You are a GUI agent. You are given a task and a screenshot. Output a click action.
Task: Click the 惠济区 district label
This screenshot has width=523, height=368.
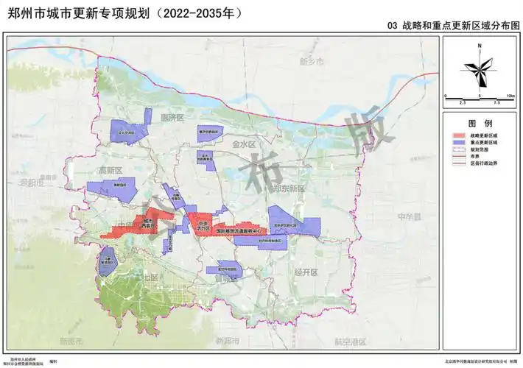[175, 117]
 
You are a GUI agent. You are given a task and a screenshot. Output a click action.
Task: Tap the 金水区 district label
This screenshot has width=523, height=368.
[242, 145]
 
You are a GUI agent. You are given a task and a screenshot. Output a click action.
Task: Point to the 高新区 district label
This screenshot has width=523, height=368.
[108, 171]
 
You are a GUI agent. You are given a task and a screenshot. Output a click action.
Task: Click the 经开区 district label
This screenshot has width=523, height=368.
[304, 272]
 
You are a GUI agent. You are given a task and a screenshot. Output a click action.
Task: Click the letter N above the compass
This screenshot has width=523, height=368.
[479, 46]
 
